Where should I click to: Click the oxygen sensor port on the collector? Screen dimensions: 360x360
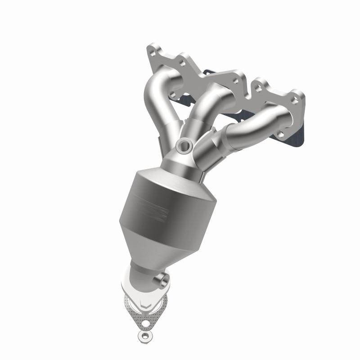[184, 145]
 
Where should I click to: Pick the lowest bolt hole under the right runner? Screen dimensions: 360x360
[280, 134]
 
